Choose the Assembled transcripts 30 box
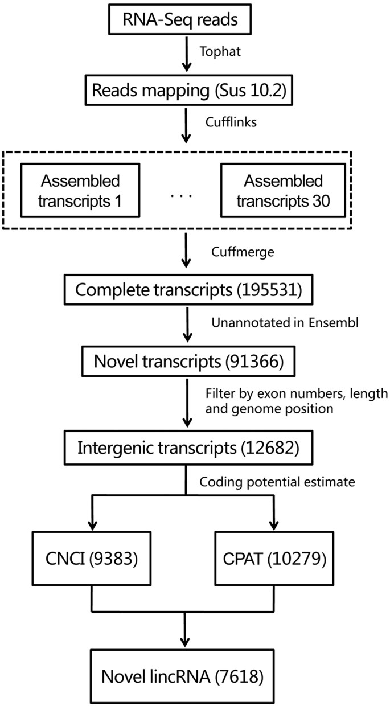click(284, 190)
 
